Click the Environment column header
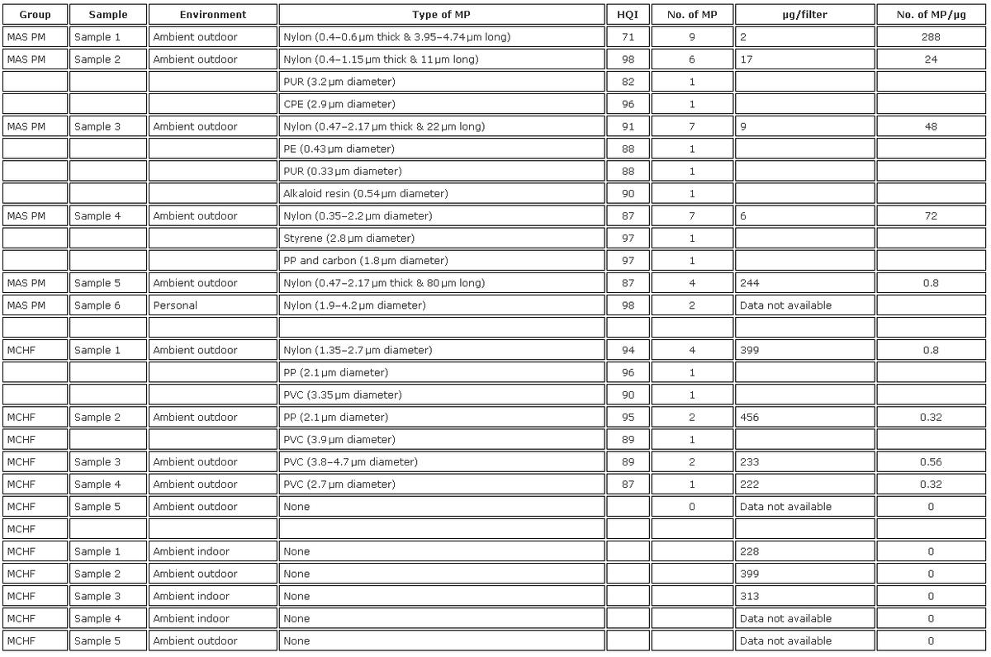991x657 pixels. click(x=213, y=15)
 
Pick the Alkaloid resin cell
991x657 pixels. click(x=366, y=194)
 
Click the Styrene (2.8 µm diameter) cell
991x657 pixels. click(x=349, y=239)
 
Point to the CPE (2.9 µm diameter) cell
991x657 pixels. click(x=339, y=105)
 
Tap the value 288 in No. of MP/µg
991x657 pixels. click(x=931, y=37)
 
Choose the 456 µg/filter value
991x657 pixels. click(x=750, y=418)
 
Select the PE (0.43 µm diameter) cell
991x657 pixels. click(x=339, y=149)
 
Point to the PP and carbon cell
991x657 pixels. click(x=366, y=261)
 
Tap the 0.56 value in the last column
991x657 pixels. click(x=931, y=462)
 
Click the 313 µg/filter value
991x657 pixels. click(x=750, y=596)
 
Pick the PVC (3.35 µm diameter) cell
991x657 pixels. click(x=343, y=395)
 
